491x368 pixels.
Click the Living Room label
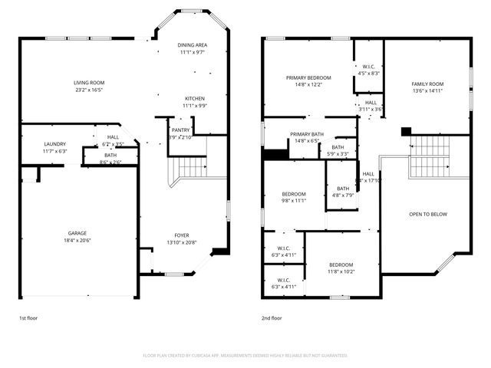point(89,83)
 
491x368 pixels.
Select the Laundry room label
point(54,143)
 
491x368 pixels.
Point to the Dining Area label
point(193,45)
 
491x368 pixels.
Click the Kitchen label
point(193,98)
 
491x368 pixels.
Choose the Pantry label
point(181,130)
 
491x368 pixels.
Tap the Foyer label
point(182,235)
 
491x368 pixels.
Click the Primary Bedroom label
point(308,77)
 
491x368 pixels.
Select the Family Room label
point(427,84)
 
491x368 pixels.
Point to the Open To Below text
point(427,214)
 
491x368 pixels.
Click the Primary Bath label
point(306,134)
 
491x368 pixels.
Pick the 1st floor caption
point(29,317)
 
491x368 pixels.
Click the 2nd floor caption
point(272,317)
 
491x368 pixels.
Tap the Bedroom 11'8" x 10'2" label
point(341,264)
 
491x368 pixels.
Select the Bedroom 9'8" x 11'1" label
point(294,194)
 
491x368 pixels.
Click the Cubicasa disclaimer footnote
point(245,356)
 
